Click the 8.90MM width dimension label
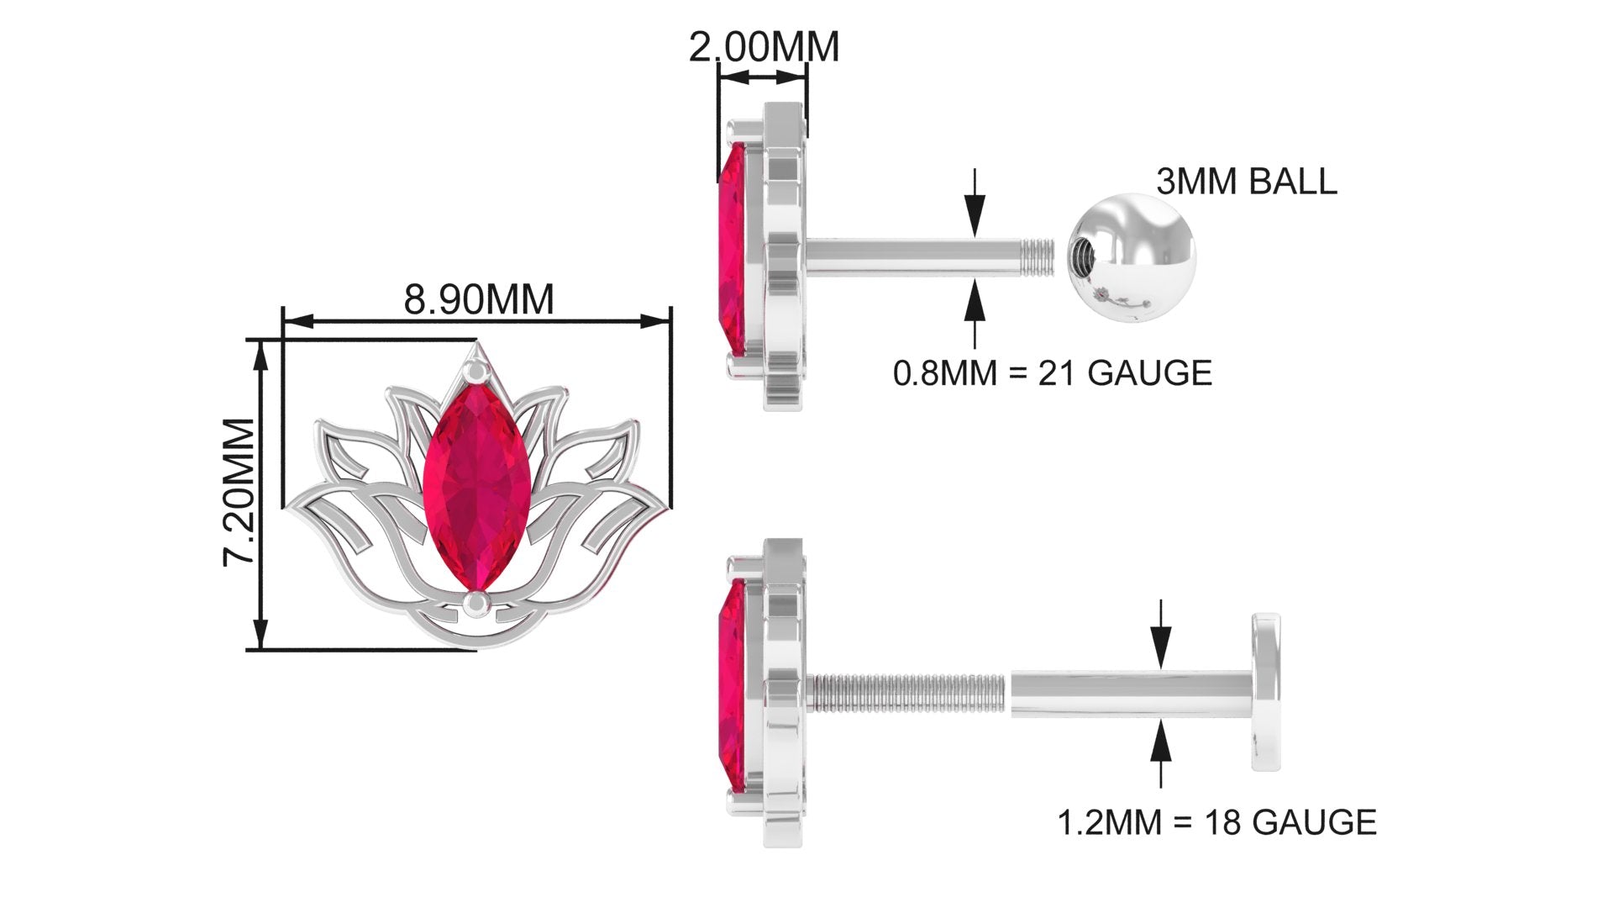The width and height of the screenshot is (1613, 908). click(x=479, y=299)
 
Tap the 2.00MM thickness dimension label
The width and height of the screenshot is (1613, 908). click(x=764, y=47)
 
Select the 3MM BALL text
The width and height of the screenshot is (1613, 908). click(x=1246, y=182)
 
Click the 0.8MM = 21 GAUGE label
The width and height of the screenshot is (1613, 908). click(x=1053, y=372)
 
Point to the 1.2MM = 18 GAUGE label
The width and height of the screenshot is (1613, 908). click(x=1216, y=822)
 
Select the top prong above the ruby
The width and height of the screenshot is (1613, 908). click(x=475, y=370)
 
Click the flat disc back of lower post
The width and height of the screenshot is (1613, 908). click(x=1266, y=692)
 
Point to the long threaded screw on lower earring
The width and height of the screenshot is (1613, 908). click(x=907, y=692)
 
